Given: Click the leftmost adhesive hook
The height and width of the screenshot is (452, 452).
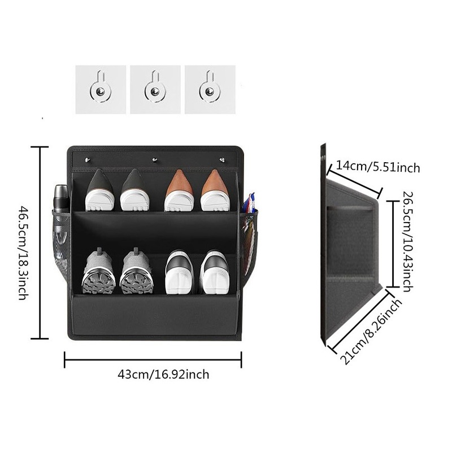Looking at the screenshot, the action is click(101, 89).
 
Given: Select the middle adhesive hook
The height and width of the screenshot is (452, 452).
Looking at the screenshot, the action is click(155, 89).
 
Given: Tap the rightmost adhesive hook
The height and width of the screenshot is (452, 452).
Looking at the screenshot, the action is click(210, 89).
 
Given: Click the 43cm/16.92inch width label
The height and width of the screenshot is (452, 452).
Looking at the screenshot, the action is click(163, 373).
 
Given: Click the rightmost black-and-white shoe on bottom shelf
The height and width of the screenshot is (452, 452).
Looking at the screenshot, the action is click(214, 272).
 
